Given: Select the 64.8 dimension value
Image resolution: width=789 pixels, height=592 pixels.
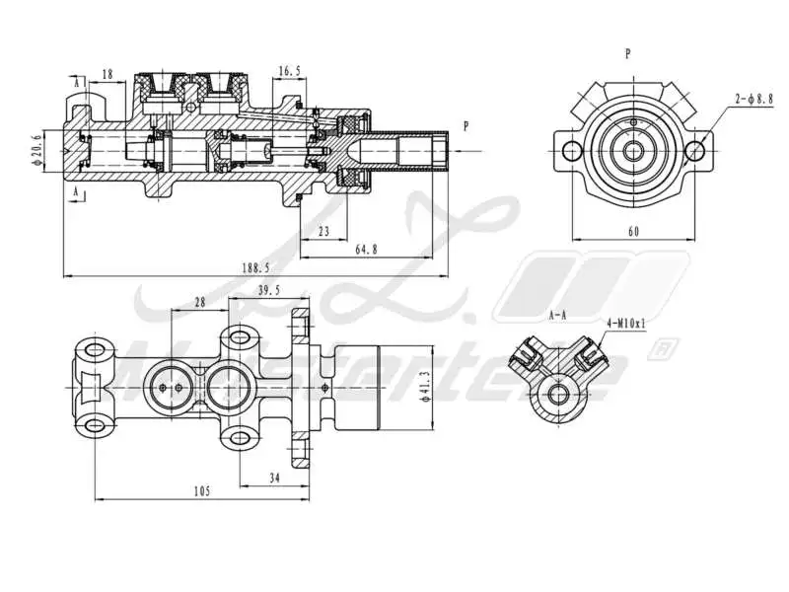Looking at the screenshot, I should click(x=365, y=251).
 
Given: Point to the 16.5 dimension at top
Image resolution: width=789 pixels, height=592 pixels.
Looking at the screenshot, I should click(x=289, y=71).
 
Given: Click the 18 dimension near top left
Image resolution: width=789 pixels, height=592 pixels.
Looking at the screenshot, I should click(x=107, y=73).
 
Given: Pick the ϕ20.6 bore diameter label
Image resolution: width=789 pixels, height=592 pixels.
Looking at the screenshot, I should click(x=37, y=151).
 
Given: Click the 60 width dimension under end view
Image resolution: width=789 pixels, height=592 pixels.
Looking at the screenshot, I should click(x=633, y=231).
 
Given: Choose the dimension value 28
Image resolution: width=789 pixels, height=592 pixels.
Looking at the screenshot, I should click(x=200, y=303).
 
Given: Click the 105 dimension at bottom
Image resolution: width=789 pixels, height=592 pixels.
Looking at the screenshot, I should click(x=201, y=490).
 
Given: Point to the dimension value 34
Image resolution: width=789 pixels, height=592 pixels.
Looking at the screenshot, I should click(x=274, y=478).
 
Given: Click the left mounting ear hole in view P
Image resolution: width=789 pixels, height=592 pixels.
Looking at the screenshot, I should click(x=569, y=151).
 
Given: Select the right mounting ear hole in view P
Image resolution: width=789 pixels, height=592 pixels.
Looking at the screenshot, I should click(x=695, y=151).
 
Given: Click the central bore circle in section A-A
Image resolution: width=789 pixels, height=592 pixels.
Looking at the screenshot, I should click(x=559, y=396).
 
